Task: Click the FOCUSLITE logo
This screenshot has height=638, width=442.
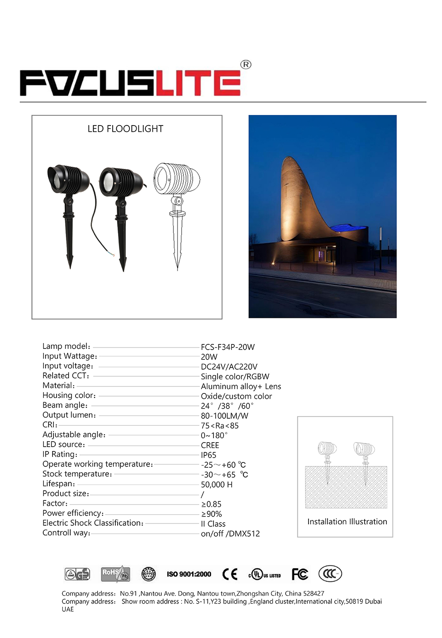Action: tap(130, 83)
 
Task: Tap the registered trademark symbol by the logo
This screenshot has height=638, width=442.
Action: tap(246, 65)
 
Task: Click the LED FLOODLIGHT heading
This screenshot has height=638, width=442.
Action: tap(126, 129)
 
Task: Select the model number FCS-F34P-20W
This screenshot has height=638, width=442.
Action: tap(228, 347)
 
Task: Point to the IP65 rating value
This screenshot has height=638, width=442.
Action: tap(209, 455)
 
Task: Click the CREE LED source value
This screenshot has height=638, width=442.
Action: tap(210, 445)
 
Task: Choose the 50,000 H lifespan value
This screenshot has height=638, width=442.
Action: tap(217, 485)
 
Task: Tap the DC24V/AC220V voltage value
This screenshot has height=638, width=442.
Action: tap(229, 367)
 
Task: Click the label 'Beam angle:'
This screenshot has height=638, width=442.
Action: tap(65, 405)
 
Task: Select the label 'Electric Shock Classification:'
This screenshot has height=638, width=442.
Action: tap(93, 523)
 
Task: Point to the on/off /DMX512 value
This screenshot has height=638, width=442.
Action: tap(230, 534)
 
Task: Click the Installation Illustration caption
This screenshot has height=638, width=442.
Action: tap(347, 522)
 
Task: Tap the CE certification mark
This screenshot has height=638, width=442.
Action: tap(230, 574)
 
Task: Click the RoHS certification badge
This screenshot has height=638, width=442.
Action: tap(115, 574)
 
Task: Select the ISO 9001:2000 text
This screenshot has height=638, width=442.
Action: tap(189, 574)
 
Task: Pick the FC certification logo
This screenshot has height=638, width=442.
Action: tap(300, 574)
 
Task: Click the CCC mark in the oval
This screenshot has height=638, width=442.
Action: tap(330, 574)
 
